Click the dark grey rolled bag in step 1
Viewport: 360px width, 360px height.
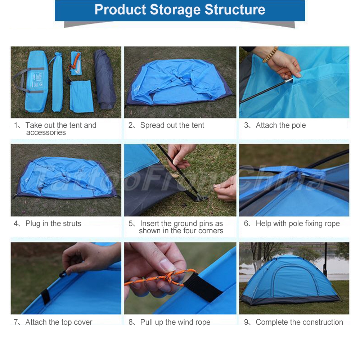[104, 80]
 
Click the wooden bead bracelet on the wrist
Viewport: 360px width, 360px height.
[270, 55]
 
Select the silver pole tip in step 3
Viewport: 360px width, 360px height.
[289, 81]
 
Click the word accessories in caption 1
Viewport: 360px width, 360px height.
[46, 132]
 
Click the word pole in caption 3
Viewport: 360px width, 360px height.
[299, 125]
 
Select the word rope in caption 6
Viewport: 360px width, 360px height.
[332, 224]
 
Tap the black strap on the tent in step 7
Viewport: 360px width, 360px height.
[45, 296]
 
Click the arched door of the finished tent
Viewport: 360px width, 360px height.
[295, 282]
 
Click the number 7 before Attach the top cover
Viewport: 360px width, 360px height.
[15, 322]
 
